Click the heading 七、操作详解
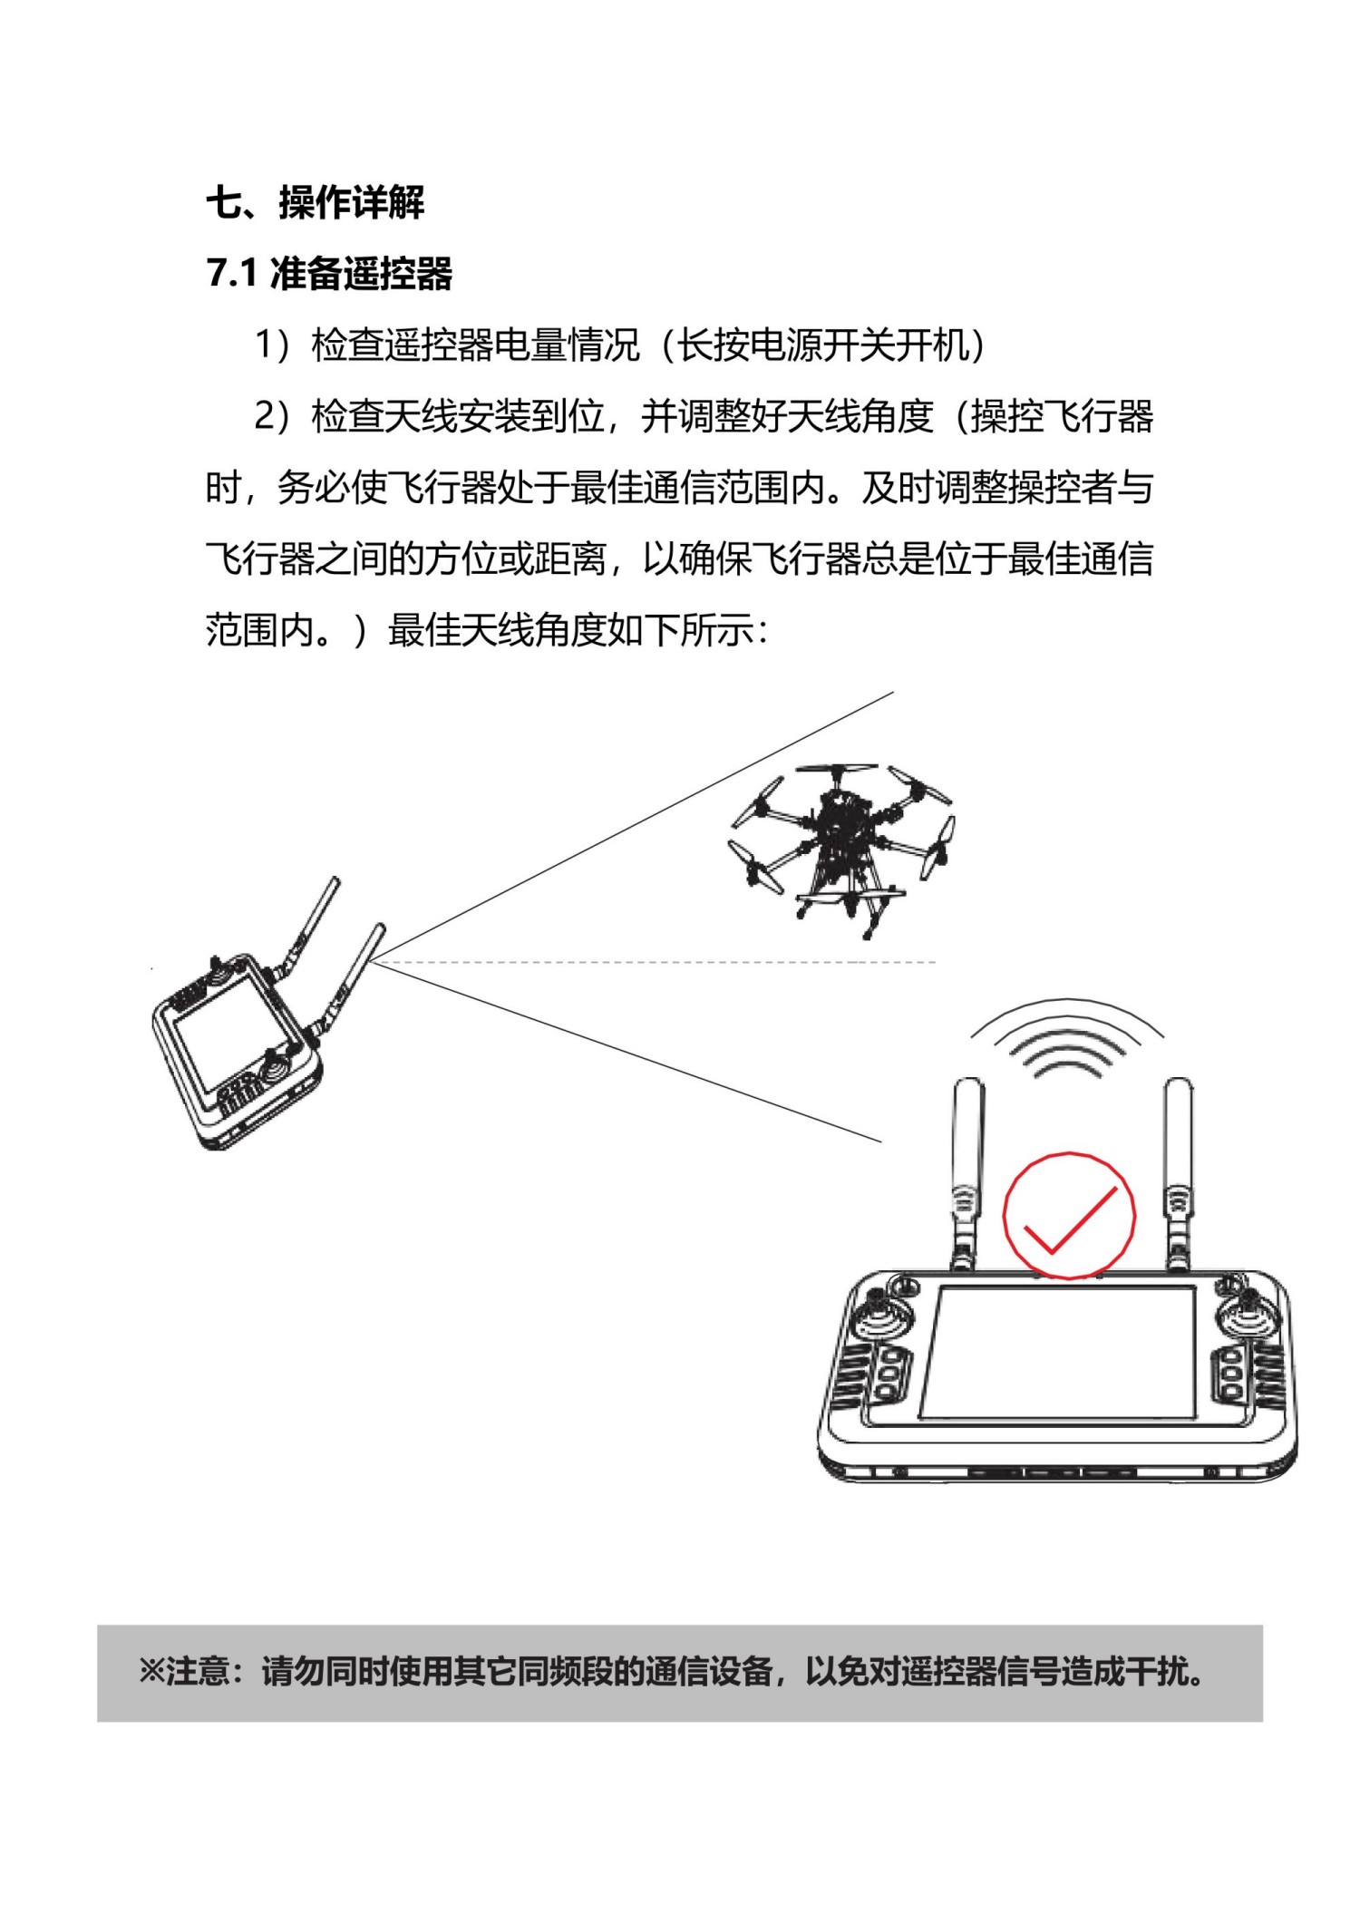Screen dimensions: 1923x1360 (315, 201)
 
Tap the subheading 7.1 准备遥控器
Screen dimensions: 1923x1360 (328, 273)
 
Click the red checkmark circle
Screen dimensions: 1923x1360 (1069, 1215)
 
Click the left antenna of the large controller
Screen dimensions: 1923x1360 (967, 1174)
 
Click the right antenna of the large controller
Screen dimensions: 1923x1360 (1178, 1174)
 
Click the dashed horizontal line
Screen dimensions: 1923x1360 (653, 962)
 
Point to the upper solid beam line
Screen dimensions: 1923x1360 (635, 825)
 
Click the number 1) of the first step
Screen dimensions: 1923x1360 (272, 345)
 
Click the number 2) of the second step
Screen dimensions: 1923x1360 (272, 417)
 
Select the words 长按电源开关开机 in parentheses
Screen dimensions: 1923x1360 (823, 345)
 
